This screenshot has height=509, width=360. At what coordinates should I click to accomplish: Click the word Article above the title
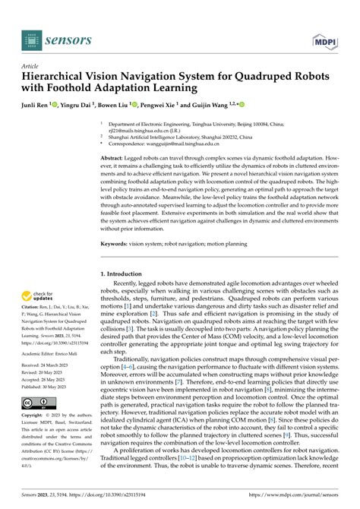pos(32,66)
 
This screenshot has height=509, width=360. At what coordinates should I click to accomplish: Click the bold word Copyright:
pos(34,416)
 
